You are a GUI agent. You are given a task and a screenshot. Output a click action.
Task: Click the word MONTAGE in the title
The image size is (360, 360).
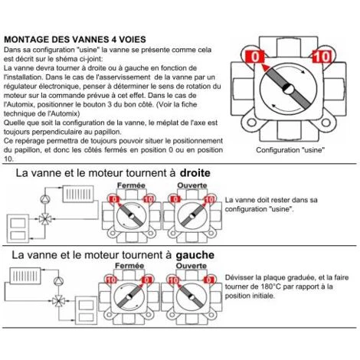30,38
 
